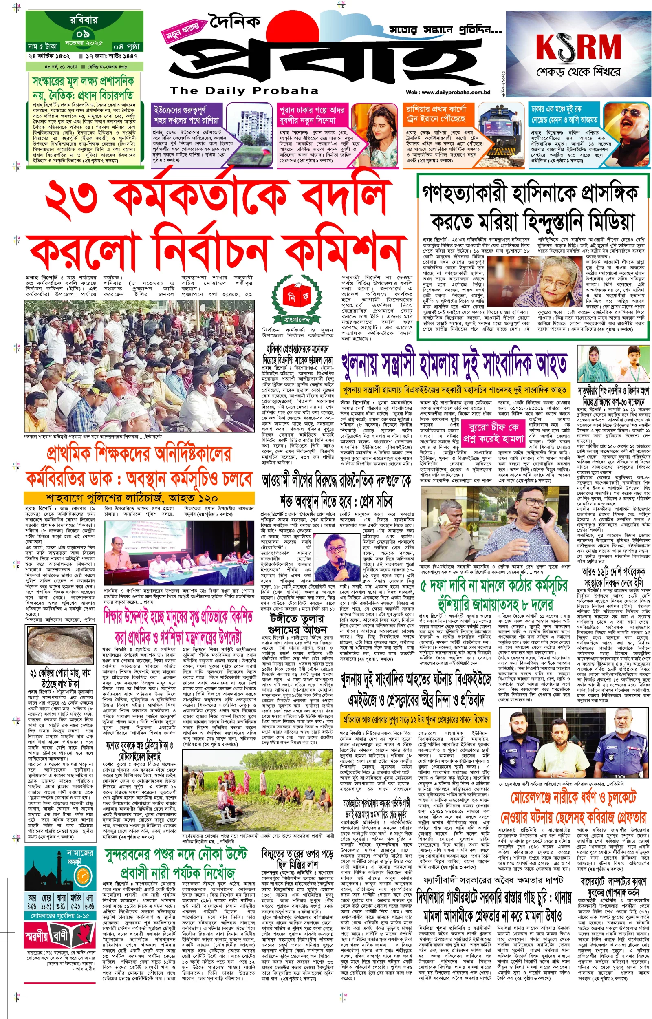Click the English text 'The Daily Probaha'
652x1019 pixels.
click(x=244, y=90)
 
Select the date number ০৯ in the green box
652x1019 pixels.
click(x=83, y=34)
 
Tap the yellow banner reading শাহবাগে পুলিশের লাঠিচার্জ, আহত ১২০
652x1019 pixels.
click(x=132, y=498)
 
